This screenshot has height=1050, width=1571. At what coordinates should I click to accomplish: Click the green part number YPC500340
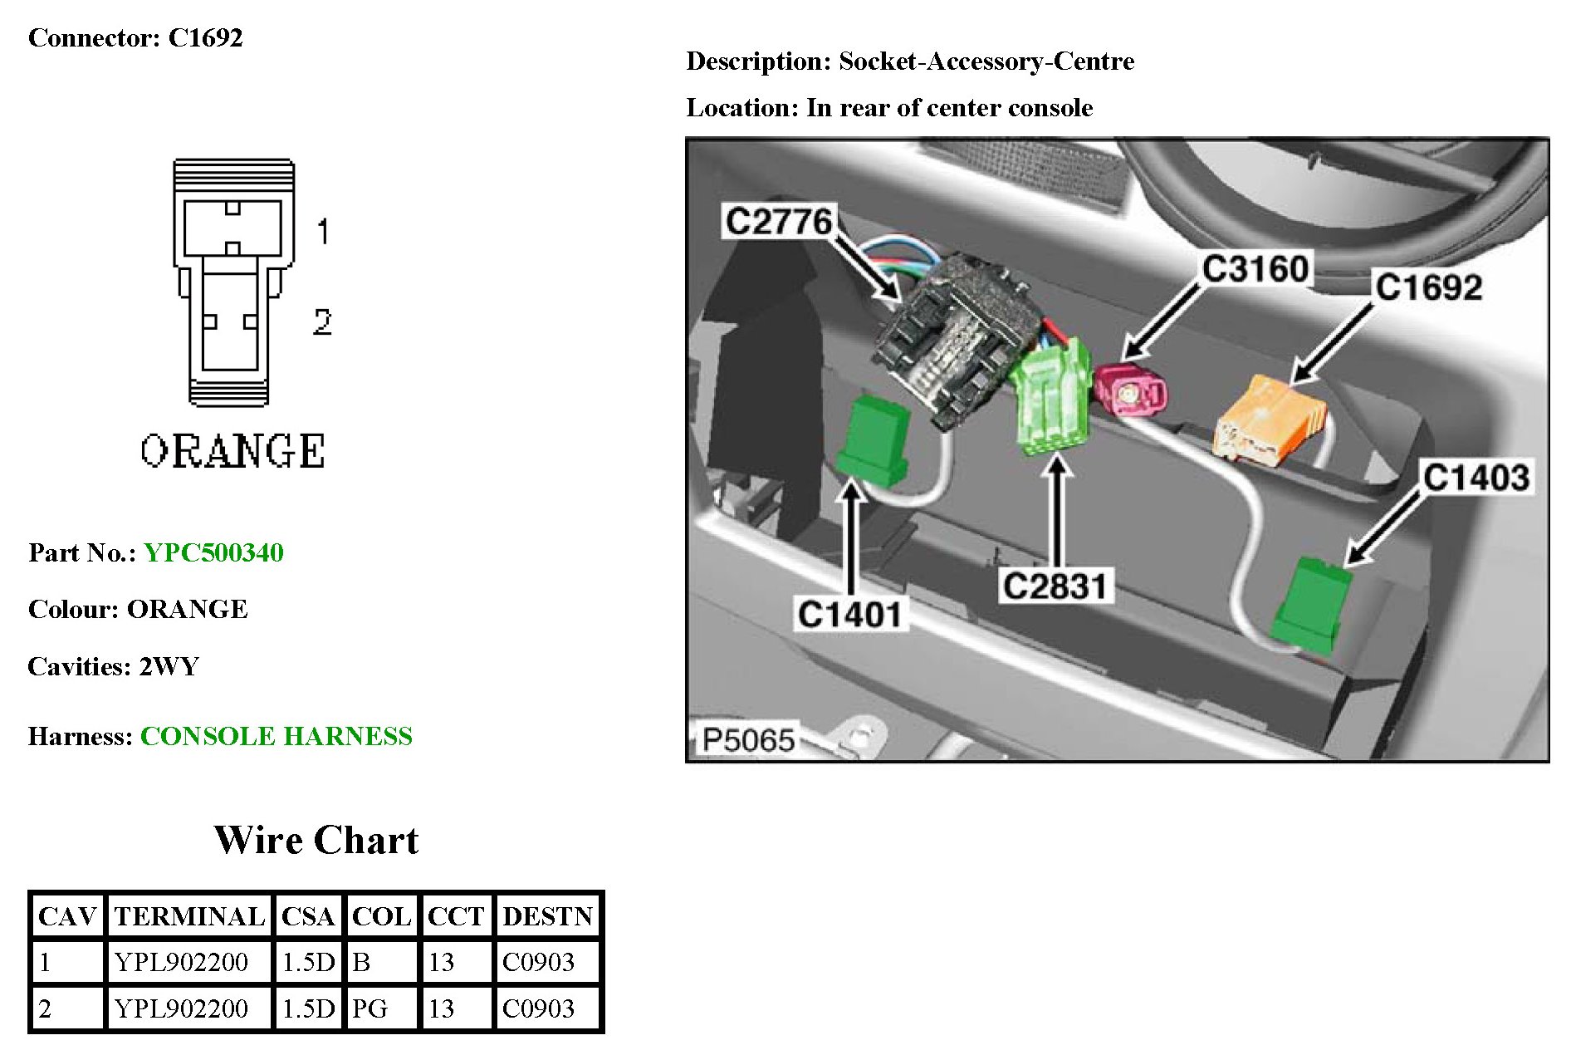213,552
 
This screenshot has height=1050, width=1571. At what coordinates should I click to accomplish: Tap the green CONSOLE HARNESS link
276,736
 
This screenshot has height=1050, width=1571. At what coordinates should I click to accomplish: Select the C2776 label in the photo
778,222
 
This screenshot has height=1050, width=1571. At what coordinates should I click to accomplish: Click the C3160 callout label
1255,269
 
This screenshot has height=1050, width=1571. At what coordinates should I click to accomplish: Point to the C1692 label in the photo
1428,287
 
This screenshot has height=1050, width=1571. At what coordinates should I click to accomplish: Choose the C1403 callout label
1476,478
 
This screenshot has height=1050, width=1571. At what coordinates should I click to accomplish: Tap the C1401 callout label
849,615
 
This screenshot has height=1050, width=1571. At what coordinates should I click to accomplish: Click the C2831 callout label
1055,586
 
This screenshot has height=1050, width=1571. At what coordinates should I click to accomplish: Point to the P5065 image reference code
747,739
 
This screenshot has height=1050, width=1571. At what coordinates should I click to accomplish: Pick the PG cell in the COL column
370,1008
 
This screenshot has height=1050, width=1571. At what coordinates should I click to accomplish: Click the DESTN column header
547,916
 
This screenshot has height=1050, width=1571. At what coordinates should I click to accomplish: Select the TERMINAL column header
189,916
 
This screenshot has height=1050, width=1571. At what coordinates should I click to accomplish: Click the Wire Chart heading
316,840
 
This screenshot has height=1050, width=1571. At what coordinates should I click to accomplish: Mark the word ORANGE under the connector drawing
232,451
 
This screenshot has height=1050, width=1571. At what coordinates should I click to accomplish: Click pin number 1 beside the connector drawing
323,231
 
